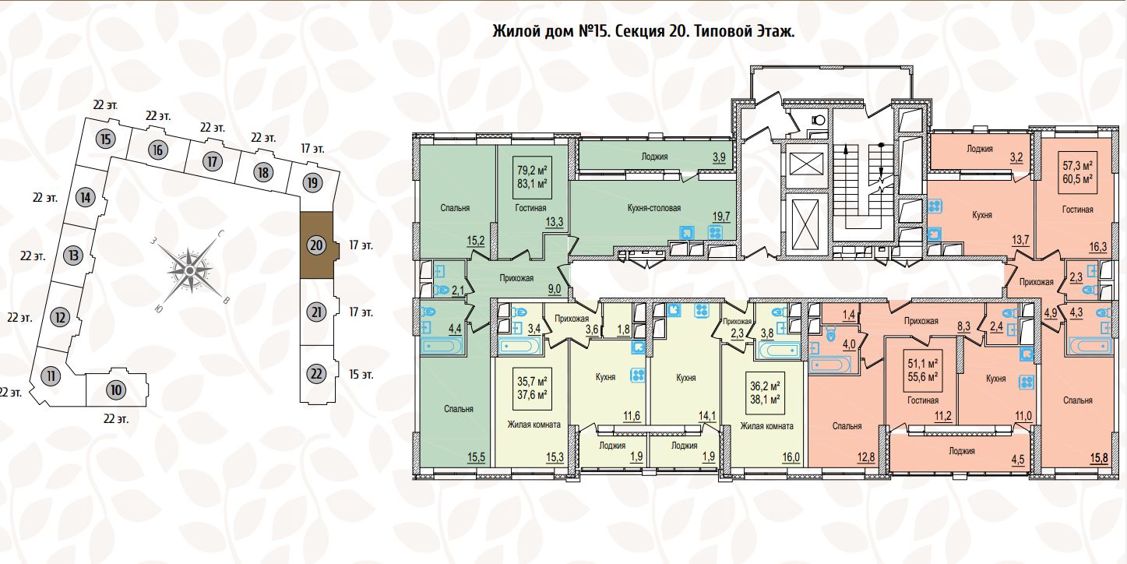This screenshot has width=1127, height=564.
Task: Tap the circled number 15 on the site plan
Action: click(x=107, y=140)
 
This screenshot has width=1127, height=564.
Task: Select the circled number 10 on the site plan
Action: click(x=115, y=390)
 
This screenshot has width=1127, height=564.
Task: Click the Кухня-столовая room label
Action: click(x=653, y=208)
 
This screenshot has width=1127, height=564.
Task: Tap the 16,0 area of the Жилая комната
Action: click(x=791, y=457)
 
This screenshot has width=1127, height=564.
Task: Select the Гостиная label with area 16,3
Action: click(x=1077, y=209)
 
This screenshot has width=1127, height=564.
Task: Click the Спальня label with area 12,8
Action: click(x=846, y=426)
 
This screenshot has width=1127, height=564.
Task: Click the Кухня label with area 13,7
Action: click(x=981, y=213)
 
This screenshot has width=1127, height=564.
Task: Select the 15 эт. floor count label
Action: click(x=361, y=374)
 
